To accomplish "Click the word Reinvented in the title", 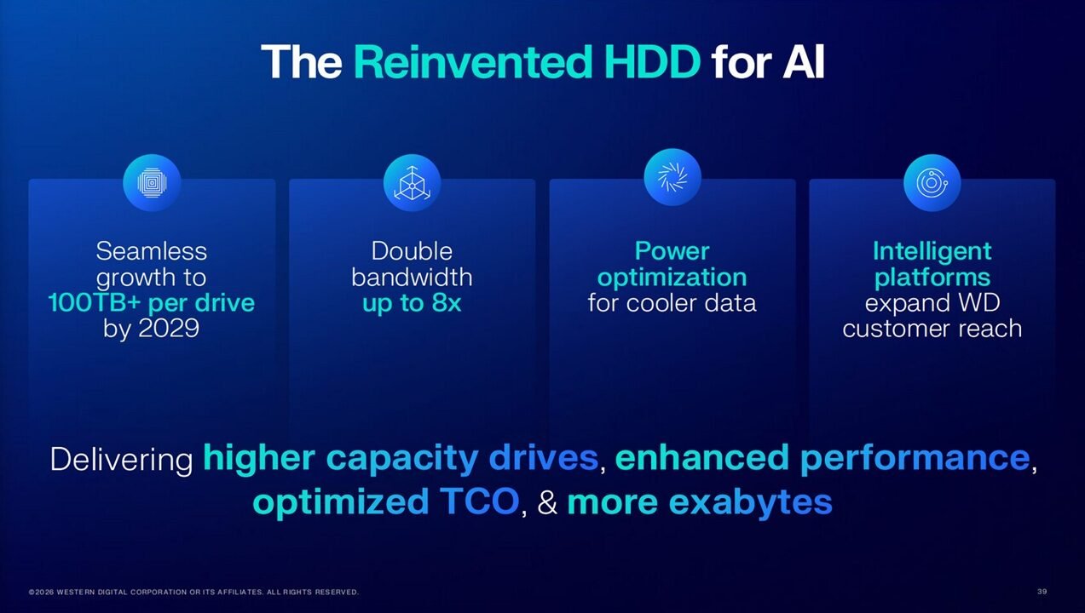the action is coord(473,62).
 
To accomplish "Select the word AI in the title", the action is coord(803,62).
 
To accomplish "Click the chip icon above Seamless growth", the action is coord(152,183).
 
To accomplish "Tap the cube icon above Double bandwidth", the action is coord(413,183).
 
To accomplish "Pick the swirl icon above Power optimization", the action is coord(672,177).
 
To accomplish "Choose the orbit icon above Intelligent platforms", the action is coord(932,183).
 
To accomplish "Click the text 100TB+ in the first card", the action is coord(95,303).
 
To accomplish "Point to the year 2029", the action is coord(169,329).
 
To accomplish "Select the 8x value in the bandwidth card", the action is coord(446,303).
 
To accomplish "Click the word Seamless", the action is coord(152,251).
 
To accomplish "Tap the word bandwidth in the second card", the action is coord(412,278).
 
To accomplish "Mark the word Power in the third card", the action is coord(672,251).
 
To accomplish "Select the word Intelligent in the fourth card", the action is coord(932,252).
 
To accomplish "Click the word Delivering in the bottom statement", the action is coord(122,460).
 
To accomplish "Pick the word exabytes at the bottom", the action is coord(751,502).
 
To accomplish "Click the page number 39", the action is coord(1042,591).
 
